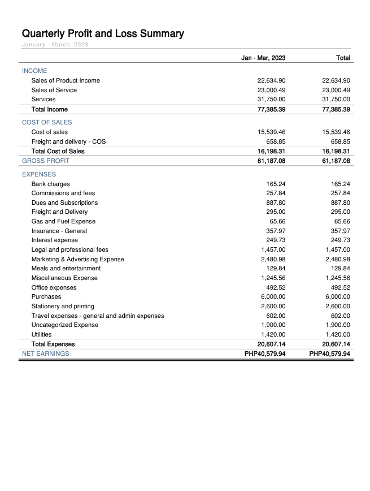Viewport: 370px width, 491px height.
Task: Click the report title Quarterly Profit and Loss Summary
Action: tap(103, 33)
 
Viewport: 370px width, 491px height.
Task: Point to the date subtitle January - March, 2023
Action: tap(55, 45)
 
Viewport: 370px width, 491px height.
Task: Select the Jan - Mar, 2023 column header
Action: tap(263, 58)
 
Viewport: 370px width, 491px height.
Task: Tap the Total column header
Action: tap(343, 58)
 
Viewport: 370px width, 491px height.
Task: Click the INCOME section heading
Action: tap(34, 71)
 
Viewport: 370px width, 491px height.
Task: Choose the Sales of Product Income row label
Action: tap(66, 80)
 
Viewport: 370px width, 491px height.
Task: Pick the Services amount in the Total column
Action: tap(336, 99)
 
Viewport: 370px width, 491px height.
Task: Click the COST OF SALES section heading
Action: tap(47, 122)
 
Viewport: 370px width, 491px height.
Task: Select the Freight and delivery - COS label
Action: tap(68, 141)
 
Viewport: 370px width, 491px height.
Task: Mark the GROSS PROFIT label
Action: tap(46, 161)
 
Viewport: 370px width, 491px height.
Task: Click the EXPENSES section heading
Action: tap(39, 174)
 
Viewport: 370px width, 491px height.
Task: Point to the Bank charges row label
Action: tap(51, 184)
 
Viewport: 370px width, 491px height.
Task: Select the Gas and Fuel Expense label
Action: tap(63, 221)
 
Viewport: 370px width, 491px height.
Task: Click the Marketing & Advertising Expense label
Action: tap(77, 259)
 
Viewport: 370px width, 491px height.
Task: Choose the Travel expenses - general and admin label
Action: tap(98, 316)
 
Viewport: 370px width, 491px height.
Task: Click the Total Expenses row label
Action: tap(53, 344)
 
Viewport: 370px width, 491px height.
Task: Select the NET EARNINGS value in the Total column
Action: tap(330, 354)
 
